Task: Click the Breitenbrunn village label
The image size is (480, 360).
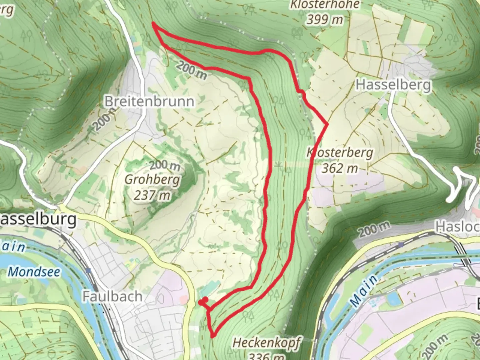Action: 149,101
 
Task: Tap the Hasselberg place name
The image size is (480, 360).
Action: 393,85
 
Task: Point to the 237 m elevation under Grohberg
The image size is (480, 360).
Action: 152,195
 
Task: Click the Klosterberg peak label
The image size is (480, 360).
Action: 340,153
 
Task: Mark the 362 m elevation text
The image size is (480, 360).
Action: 339,168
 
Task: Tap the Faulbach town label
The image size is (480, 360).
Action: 112,296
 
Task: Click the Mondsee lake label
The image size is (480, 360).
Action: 34,272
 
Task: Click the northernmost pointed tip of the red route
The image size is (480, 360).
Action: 153,23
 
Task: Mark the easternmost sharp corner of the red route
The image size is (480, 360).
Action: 328,124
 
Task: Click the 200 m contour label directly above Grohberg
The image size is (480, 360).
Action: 165,165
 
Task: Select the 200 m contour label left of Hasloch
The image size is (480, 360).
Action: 373,230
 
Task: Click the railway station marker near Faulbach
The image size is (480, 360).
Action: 88,271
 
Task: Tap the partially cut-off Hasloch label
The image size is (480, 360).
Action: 457,227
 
